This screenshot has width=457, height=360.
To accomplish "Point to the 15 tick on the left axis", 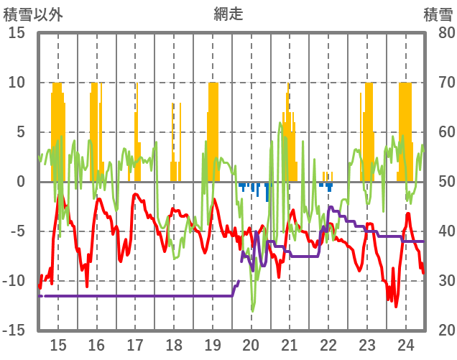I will [x=18, y=33].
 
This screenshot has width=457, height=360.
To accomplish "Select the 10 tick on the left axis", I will [x=18, y=83].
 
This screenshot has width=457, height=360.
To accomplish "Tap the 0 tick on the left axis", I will [x=22, y=182].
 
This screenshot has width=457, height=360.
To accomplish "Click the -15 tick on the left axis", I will [x=15, y=330].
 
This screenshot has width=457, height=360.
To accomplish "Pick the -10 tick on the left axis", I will [x=15, y=280].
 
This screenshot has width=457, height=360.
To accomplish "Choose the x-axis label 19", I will [x=212, y=343].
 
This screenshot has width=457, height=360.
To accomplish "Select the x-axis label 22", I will [x=328, y=343].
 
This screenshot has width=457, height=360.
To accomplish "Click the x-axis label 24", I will [x=405, y=343].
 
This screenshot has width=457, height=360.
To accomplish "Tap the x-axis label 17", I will [x=135, y=343].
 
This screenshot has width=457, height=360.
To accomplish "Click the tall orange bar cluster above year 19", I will [x=213, y=129].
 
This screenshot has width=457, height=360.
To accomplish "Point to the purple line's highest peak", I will [x=330, y=207].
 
